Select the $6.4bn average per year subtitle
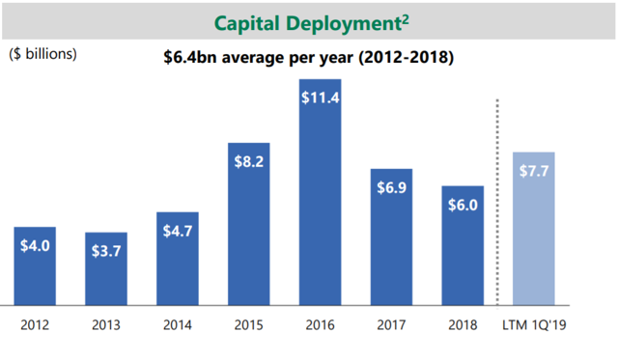click(x=309, y=58)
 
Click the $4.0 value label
click(x=36, y=246)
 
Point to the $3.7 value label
click(x=105, y=250)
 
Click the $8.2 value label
click(x=248, y=161)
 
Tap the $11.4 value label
click(x=320, y=97)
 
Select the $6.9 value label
click(x=391, y=187)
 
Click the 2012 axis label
click(x=35, y=324)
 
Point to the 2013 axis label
click(x=106, y=324)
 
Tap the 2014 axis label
click(x=178, y=324)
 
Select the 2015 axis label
click(x=249, y=324)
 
